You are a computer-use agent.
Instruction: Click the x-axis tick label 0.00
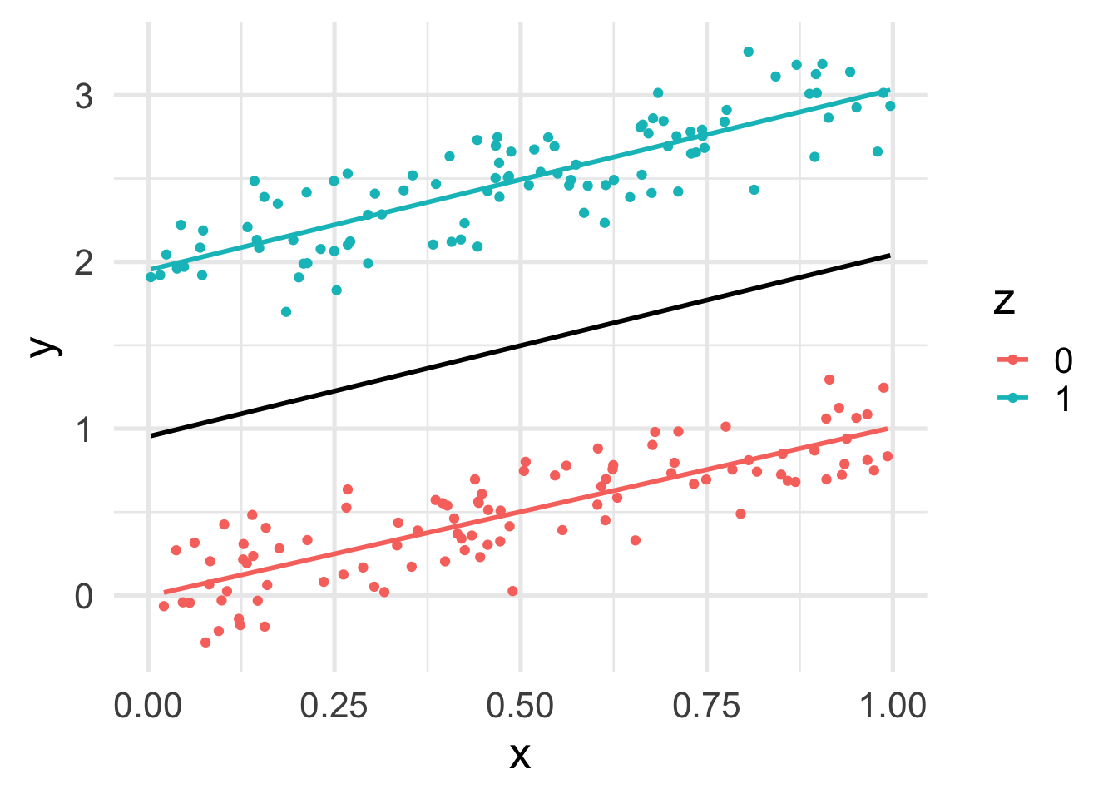click(x=148, y=706)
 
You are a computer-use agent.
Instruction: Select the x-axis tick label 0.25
click(x=334, y=706)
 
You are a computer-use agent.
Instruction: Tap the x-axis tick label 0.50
click(x=521, y=706)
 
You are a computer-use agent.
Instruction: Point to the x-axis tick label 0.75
click(x=707, y=706)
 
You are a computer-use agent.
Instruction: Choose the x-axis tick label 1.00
click(x=893, y=706)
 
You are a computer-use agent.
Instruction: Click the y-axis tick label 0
click(x=83, y=597)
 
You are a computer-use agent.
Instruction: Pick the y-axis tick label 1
click(x=83, y=429)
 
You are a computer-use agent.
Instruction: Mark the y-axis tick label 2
click(x=83, y=263)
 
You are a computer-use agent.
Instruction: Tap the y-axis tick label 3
click(x=83, y=97)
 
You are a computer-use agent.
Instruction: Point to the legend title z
click(x=1004, y=301)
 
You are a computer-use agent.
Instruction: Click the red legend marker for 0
click(x=1013, y=360)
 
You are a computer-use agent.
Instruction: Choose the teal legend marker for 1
click(x=1013, y=399)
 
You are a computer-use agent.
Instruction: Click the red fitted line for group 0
click(x=521, y=510)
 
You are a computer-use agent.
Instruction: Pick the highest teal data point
click(x=748, y=52)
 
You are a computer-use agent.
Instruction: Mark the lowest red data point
click(x=205, y=643)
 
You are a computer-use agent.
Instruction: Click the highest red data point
click(x=829, y=380)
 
